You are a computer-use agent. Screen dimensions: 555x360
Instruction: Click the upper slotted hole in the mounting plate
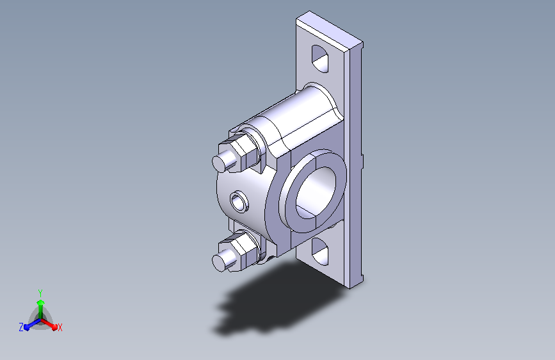click(320, 59)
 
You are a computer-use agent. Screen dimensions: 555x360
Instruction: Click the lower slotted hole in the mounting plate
click(320, 252)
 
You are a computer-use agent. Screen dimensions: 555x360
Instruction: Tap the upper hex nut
click(240, 152)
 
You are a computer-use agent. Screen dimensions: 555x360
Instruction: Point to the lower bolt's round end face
click(219, 263)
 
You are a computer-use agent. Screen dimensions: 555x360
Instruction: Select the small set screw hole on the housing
click(239, 202)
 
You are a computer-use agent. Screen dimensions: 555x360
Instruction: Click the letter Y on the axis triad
click(40, 293)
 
